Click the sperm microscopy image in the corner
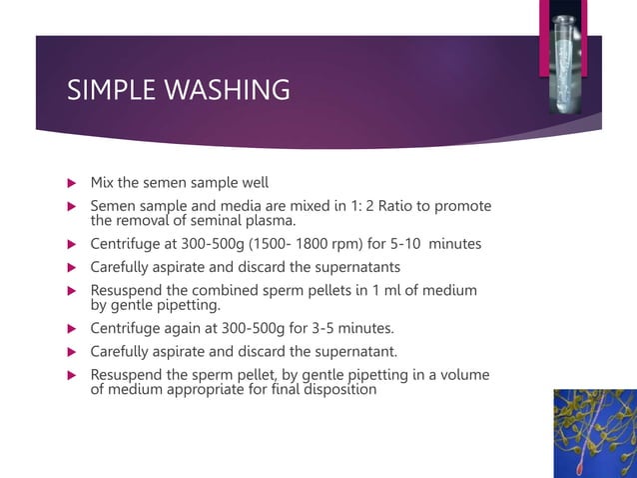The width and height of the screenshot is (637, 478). pyautogui.click(x=595, y=433)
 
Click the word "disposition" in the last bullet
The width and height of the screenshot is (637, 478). pyautogui.click(x=335, y=389)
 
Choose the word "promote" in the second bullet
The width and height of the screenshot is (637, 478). pyautogui.click(x=458, y=206)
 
